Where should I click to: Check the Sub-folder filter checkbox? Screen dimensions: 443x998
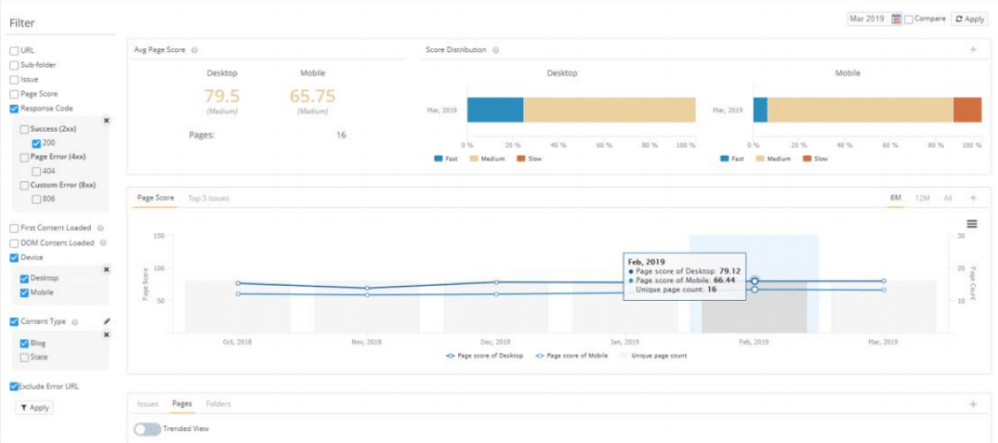[14, 65]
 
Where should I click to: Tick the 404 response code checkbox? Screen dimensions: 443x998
[36, 171]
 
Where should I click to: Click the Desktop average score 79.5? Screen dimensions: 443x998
[222, 96]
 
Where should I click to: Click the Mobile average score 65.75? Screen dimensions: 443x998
[313, 96]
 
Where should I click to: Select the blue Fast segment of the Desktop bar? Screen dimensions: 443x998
[495, 111]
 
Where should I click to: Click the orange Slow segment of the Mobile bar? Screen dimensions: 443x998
[967, 111]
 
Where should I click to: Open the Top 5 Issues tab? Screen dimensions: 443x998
[208, 198]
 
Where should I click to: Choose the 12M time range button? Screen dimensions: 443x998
[921, 198]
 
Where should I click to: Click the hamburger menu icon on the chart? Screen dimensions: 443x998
[972, 223]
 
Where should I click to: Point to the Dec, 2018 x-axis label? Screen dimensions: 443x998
[496, 341]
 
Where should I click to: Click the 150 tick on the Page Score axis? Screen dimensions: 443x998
[157, 236]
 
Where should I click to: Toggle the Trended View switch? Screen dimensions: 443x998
[148, 429]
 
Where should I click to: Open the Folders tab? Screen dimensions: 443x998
[218, 404]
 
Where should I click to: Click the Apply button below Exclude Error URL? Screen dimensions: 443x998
[34, 408]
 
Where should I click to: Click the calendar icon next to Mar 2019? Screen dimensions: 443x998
[896, 19]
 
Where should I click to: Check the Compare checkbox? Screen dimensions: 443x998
[909, 19]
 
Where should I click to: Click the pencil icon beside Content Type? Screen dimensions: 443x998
[106, 322]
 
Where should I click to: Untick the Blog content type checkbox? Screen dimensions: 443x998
[25, 344]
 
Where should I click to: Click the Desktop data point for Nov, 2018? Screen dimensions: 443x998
[367, 288]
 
